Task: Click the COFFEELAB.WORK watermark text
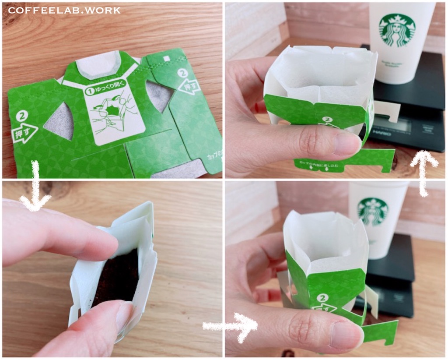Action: tap(64, 10)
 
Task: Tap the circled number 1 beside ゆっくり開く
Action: tap(90, 92)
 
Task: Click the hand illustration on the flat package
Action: tap(113, 116)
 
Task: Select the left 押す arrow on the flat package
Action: tap(24, 133)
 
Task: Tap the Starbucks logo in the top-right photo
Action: tap(397, 30)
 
